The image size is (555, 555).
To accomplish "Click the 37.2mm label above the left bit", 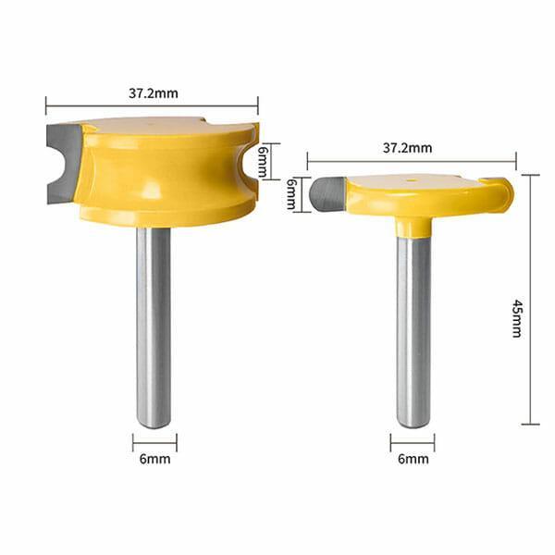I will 153,92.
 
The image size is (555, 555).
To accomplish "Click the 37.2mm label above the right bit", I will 407,148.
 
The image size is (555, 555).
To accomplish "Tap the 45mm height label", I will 517,317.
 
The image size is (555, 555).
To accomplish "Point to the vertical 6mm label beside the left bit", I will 263,161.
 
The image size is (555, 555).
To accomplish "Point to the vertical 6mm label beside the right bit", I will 290,194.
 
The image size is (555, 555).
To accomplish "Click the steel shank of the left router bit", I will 154,324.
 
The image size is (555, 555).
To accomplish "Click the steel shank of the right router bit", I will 413,324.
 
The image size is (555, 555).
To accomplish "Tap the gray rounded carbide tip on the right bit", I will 327,195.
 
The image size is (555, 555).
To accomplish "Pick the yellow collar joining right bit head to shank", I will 413,225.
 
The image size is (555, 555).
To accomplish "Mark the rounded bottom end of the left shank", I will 154,423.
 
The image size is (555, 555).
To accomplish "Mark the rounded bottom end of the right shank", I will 413,423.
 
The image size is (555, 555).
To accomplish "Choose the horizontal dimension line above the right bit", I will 412,162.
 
